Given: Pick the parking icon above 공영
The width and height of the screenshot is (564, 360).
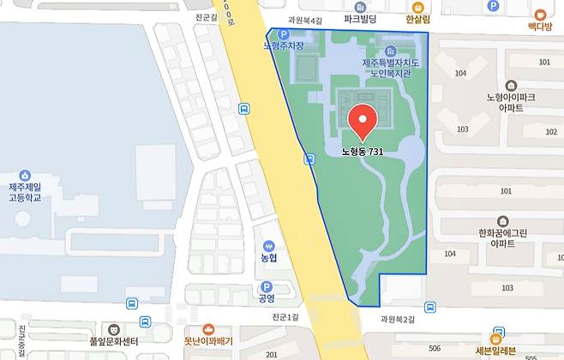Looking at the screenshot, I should point(266,287).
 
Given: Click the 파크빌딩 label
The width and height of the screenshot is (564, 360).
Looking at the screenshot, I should point(362,18).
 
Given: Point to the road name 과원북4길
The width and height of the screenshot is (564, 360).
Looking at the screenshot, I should point(305,20).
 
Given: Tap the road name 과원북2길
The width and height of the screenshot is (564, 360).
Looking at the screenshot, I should point(398,319).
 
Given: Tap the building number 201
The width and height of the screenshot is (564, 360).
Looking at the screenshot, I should point(272,354).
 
